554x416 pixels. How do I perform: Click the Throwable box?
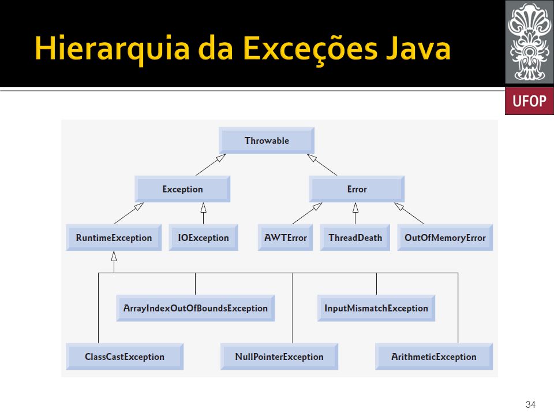(267, 140)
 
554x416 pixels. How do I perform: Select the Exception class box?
(182, 189)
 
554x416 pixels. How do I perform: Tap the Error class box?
(357, 189)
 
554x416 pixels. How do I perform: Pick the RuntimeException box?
(114, 237)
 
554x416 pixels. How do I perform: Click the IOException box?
(204, 237)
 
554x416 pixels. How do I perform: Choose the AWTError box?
(286, 237)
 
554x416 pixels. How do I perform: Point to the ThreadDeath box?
(355, 237)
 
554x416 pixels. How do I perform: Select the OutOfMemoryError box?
(445, 237)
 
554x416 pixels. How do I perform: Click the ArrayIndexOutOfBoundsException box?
(196, 308)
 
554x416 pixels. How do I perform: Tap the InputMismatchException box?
(376, 308)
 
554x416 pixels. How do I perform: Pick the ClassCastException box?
(125, 356)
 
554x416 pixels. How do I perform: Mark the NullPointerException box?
(279, 356)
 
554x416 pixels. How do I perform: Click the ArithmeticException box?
(434, 356)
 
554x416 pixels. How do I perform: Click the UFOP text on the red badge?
(529, 101)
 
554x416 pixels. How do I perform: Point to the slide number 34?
(531, 404)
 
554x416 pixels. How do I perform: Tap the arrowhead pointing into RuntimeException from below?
(114, 256)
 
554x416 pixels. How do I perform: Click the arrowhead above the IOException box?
(204, 207)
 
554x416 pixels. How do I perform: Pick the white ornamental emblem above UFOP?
(529, 42)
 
